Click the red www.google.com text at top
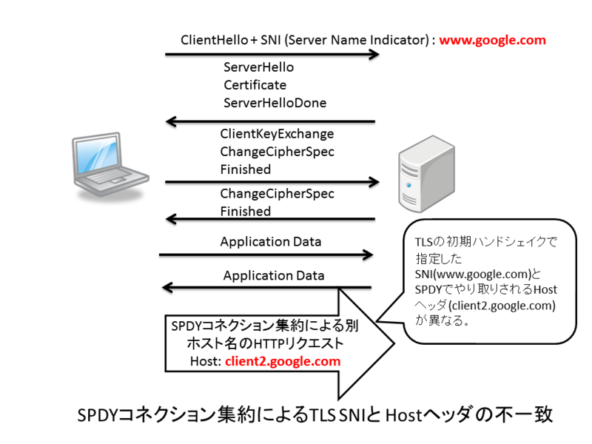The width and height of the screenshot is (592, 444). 492,40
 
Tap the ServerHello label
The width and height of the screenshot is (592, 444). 258,67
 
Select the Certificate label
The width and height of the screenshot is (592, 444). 255,85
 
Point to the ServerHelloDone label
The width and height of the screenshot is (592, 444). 275,103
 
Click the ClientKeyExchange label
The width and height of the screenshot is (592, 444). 277,134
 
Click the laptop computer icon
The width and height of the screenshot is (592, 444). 110,165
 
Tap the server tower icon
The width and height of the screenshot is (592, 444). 427,174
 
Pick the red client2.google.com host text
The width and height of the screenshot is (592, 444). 283,361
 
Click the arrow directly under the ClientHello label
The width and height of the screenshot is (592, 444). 272,55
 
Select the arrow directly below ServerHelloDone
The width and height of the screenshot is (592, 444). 270,121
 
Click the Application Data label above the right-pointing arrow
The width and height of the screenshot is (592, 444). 271,242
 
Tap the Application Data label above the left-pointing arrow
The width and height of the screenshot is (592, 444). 274,275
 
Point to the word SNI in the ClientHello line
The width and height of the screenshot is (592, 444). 270,40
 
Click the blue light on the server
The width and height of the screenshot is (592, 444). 408,185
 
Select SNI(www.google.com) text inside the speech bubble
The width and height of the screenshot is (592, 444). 474,274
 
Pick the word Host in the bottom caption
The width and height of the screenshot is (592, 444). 403,416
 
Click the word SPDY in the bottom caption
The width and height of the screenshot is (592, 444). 98,415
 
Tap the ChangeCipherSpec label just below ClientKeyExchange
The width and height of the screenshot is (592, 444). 277,152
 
